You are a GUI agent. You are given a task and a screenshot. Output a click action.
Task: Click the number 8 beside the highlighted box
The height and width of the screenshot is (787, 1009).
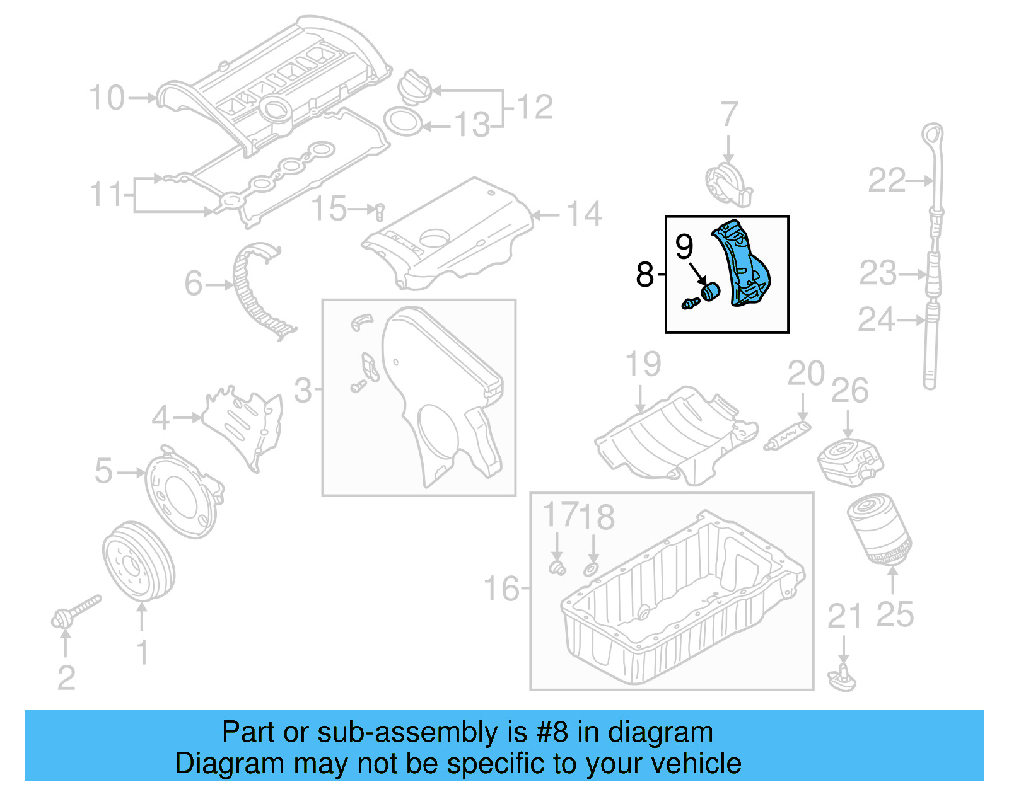[644, 275]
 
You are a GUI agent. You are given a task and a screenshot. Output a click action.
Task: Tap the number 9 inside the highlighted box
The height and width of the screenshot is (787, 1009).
[684, 246]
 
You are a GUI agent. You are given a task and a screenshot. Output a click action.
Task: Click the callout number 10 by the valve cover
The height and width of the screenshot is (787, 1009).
[107, 98]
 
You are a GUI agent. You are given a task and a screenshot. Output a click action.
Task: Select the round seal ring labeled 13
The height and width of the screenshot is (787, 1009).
[403, 122]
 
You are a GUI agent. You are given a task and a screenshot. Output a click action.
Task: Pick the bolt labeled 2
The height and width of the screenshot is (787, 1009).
[76, 613]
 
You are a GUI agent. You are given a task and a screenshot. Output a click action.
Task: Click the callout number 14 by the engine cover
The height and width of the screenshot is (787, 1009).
[584, 214]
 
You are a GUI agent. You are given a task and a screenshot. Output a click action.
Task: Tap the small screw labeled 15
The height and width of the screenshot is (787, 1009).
[380, 211]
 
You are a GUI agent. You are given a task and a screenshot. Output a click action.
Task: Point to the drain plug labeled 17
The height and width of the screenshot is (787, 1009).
[556, 567]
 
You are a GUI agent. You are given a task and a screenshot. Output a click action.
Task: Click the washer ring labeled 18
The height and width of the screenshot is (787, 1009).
[592, 569]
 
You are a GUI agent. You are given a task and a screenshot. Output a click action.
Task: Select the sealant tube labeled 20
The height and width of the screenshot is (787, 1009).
[788, 435]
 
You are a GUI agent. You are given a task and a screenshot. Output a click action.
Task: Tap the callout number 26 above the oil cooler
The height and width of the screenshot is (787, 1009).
[849, 391]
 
